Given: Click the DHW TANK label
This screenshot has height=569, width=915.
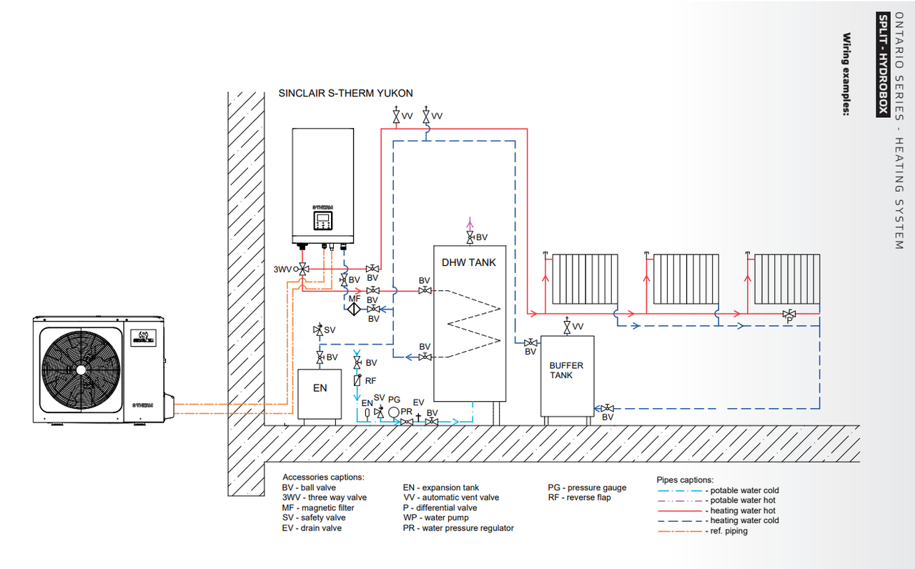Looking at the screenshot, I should pyautogui.click(x=469, y=262).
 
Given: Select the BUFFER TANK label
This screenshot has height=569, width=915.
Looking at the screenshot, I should pyautogui.click(x=566, y=370).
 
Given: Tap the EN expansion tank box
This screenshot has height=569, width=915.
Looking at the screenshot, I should pyautogui.click(x=320, y=387).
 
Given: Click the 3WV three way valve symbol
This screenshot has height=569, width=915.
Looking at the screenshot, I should pyautogui.click(x=303, y=269).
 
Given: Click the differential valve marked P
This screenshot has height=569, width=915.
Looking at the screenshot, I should pyautogui.click(x=789, y=314).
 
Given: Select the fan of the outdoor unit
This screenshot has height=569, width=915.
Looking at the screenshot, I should pyautogui.click(x=79, y=369).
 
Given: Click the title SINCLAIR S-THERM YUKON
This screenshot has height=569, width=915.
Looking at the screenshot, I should pyautogui.click(x=345, y=94).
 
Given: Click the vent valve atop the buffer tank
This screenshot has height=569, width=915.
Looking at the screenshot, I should pyautogui.click(x=567, y=327).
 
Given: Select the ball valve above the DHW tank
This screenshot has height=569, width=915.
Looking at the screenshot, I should pyautogui.click(x=470, y=237).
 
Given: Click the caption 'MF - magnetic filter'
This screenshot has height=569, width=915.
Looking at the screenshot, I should pyautogui.click(x=318, y=508).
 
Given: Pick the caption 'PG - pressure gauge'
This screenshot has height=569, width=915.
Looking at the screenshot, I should pyautogui.click(x=587, y=488).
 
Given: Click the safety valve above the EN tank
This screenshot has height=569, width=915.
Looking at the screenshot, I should pyautogui.click(x=319, y=330).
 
